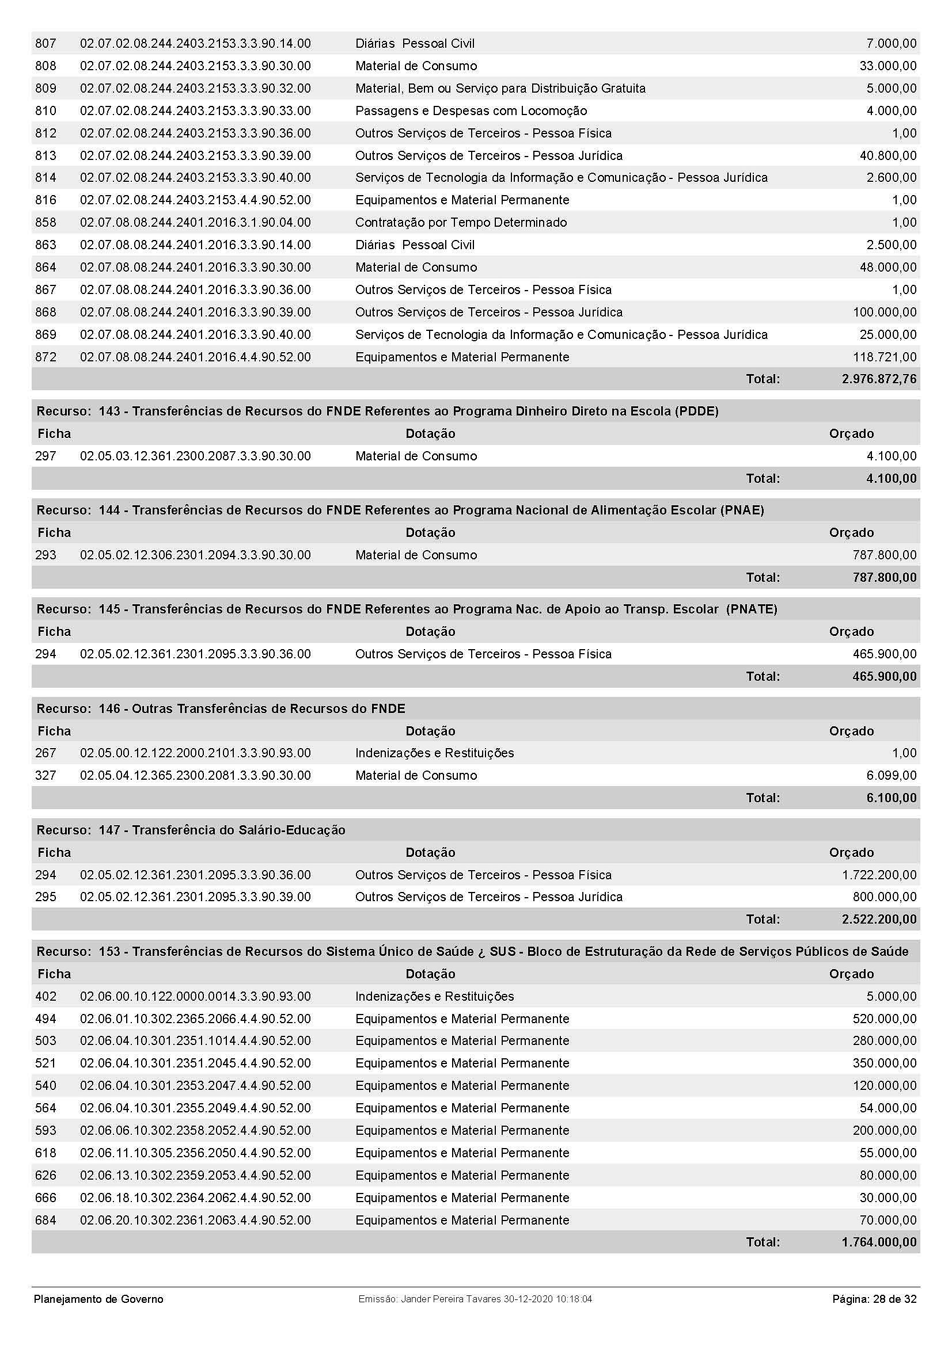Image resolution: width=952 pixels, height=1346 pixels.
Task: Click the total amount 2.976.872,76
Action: coord(878,379)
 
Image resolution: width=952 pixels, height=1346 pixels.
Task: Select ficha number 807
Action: coord(45,43)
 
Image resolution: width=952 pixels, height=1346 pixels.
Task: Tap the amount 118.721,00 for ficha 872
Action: coord(884,357)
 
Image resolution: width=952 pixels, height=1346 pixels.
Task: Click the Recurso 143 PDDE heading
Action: coord(377,411)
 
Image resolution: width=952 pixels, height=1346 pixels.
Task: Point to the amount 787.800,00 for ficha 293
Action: coord(884,555)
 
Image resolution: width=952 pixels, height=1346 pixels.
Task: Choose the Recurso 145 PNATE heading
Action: coord(407,609)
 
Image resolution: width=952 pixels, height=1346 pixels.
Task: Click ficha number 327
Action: coord(45,775)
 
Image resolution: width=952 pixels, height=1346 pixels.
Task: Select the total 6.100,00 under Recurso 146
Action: coord(891,797)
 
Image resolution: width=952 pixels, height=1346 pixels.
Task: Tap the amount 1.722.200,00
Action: coord(879,875)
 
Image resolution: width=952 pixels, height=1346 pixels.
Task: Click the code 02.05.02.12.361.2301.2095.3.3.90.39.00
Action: coord(195,897)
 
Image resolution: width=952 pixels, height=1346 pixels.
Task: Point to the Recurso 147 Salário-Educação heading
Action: coord(191,830)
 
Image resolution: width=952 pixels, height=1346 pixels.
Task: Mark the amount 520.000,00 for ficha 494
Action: coord(884,1019)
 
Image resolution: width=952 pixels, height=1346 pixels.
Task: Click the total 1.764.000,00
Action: coord(878,1242)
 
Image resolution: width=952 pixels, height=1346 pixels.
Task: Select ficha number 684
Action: coord(45,1220)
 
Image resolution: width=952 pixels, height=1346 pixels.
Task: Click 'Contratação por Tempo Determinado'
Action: coord(461,222)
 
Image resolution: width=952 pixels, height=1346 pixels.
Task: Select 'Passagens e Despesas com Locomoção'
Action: coord(471,111)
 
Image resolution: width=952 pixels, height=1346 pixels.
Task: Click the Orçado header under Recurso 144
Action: coord(851,532)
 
